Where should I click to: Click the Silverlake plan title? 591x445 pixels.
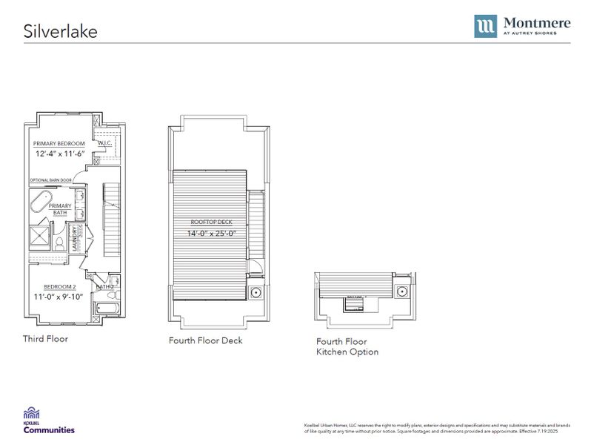click(x=60, y=31)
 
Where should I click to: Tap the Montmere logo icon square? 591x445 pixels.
click(x=486, y=26)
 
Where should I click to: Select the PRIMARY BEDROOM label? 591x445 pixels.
click(x=59, y=143)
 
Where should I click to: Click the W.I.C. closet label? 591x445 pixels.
click(x=104, y=143)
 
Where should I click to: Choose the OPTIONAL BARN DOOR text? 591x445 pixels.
click(x=51, y=180)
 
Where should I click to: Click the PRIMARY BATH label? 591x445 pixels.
click(x=61, y=210)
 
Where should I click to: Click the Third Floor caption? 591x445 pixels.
click(x=45, y=339)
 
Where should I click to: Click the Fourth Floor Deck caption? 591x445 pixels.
click(x=205, y=341)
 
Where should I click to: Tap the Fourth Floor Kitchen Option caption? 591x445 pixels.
click(x=347, y=346)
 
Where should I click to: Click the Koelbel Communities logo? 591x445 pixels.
click(x=49, y=420)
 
